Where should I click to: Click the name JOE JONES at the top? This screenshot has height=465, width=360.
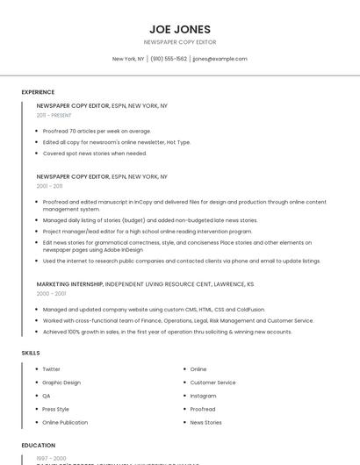point(180,28)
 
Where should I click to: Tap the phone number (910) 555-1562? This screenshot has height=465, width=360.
point(169,59)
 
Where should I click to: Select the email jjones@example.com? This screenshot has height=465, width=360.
point(220,59)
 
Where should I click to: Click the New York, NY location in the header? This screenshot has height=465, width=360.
point(128,59)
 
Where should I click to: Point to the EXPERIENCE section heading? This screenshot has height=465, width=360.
point(38,92)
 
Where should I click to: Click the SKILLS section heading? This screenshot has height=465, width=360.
point(31,353)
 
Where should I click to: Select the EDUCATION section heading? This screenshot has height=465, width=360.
point(39,445)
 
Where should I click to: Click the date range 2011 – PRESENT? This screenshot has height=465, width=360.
point(54,115)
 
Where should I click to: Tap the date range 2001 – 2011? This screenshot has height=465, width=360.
point(49,186)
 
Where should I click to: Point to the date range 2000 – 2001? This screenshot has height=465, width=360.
point(50,294)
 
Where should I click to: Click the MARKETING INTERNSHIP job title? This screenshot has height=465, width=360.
point(70,284)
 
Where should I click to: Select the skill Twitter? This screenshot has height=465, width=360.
point(52,369)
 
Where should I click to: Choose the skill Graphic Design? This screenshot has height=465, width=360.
point(61,383)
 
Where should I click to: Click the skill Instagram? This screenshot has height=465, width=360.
point(203,396)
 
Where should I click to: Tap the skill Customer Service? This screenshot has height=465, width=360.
point(212,383)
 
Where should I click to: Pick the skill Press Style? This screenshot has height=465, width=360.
point(56,409)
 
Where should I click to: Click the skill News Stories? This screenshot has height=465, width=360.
point(205,422)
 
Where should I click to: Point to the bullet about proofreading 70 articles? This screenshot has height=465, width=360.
point(97,131)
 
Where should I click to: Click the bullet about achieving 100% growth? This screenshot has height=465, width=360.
point(167,332)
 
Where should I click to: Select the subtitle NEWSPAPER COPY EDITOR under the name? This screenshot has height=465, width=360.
point(180,42)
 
